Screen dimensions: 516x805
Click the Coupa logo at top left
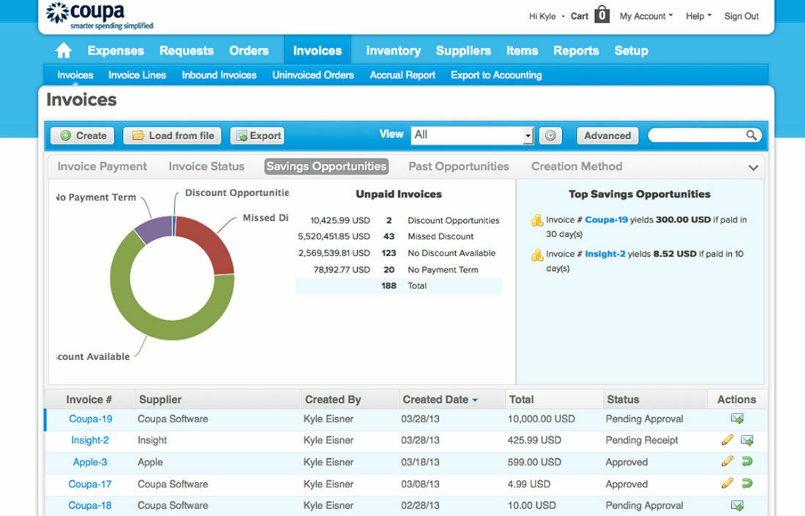[x=100, y=15]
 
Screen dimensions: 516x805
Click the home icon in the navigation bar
[x=64, y=51]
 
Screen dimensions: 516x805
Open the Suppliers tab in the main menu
[x=463, y=51]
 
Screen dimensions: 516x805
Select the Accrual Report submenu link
[x=402, y=75]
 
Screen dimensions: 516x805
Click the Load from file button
[x=173, y=135]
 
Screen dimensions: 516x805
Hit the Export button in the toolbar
[x=258, y=135]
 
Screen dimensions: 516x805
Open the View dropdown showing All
[x=473, y=135]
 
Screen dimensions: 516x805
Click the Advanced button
[x=607, y=135]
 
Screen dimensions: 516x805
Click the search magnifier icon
[x=751, y=135]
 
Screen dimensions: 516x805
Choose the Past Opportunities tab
[x=458, y=166]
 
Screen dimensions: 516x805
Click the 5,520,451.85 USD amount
[x=334, y=236]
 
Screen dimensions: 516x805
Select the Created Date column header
[x=435, y=400]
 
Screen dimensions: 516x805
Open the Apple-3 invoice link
[x=90, y=462]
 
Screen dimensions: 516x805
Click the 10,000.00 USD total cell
[x=541, y=419]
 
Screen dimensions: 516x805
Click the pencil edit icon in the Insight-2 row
[x=727, y=440]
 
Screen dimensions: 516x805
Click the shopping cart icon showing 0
[x=602, y=15]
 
